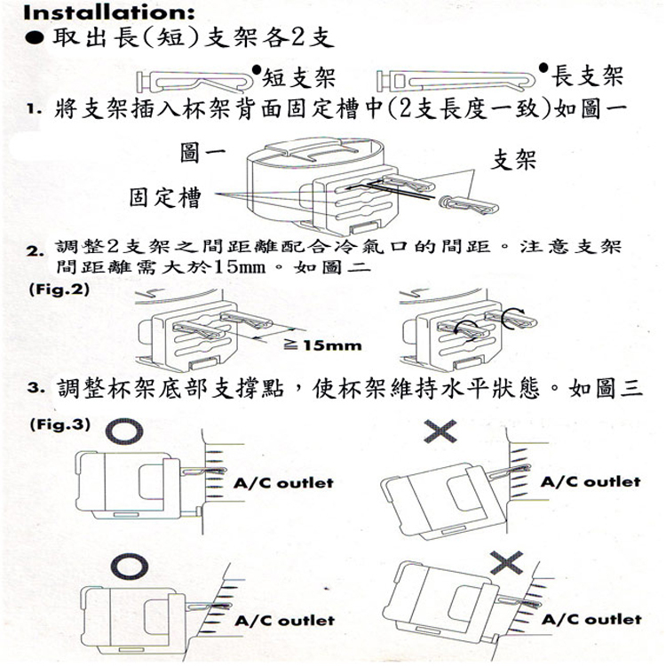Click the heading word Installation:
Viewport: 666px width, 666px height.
(x=97, y=13)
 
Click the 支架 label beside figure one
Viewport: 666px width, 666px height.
(x=513, y=160)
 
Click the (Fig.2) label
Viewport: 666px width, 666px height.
(x=59, y=289)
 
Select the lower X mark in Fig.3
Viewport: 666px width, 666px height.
(x=506, y=561)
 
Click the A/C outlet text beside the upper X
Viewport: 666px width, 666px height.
(x=591, y=482)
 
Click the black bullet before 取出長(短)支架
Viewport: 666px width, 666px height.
(x=35, y=40)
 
